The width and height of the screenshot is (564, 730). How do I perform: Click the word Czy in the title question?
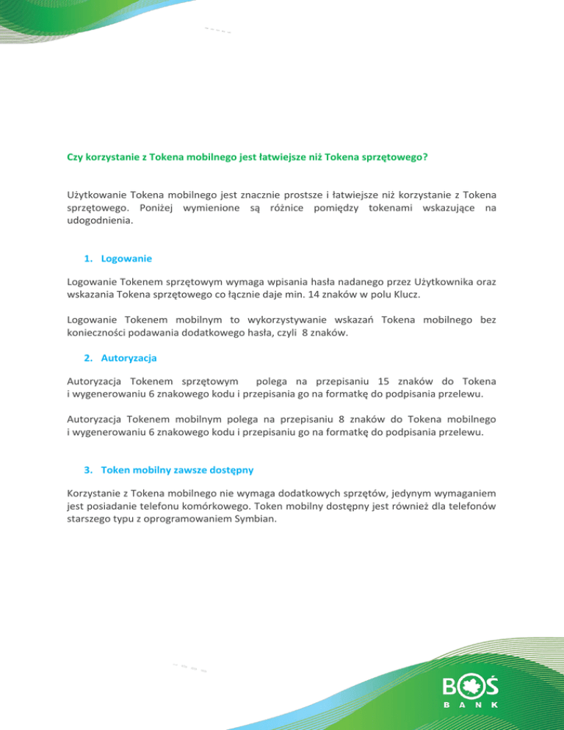[x=75, y=156]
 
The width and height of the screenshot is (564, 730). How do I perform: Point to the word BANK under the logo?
[x=472, y=704]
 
